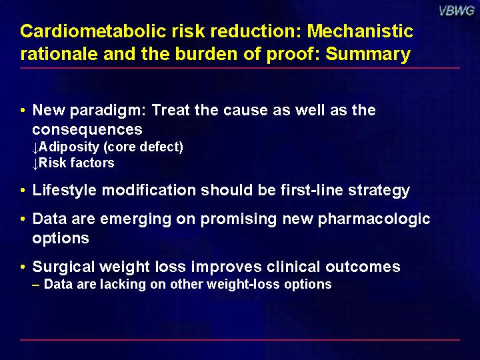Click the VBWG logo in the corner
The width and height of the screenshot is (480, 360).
(x=457, y=11)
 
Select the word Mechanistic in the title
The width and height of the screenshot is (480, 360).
(x=360, y=31)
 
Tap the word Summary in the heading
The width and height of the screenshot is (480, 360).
(x=368, y=55)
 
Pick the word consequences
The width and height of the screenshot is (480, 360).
(x=87, y=130)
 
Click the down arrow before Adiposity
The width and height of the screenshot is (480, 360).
(x=35, y=148)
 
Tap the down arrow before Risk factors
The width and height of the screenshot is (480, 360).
(x=35, y=164)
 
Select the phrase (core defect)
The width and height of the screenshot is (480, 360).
(x=143, y=147)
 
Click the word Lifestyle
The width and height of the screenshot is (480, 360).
(x=64, y=191)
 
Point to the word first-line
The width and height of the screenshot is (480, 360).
(x=311, y=190)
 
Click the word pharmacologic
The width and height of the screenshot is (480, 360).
(x=374, y=219)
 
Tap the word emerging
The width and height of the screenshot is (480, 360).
(x=135, y=219)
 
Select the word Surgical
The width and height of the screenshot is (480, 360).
(x=63, y=267)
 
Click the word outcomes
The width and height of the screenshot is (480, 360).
(x=363, y=267)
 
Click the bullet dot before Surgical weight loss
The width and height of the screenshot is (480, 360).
(x=23, y=267)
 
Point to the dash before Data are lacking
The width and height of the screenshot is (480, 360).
(x=36, y=285)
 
